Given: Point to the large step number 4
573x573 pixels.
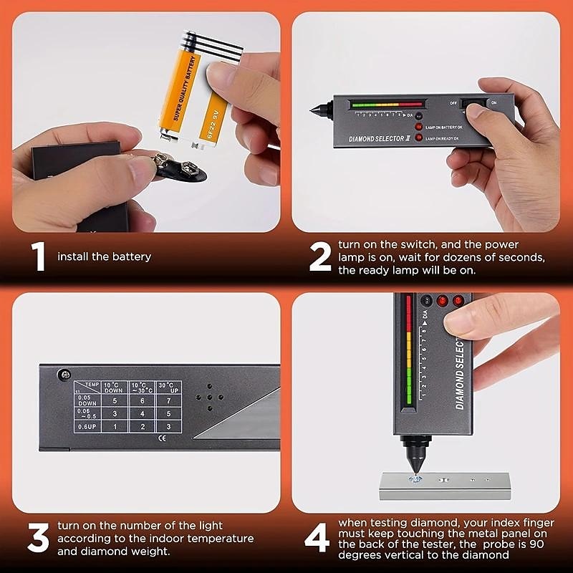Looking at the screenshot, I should (317, 539).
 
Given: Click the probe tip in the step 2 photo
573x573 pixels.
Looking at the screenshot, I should (313, 112).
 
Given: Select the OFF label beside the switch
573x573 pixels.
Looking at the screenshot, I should (453, 102).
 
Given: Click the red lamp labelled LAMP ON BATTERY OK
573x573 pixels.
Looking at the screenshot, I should (418, 126).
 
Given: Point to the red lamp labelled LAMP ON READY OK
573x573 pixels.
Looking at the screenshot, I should (418, 136).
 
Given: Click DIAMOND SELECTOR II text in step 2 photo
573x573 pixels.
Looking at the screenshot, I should (377, 136).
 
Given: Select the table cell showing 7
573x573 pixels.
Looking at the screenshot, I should (169, 400).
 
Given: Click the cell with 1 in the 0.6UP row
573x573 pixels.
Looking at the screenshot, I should (115, 427).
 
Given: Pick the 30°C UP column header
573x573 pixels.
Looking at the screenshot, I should (169, 387).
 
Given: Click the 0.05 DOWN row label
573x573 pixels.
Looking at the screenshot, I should (87, 400).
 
